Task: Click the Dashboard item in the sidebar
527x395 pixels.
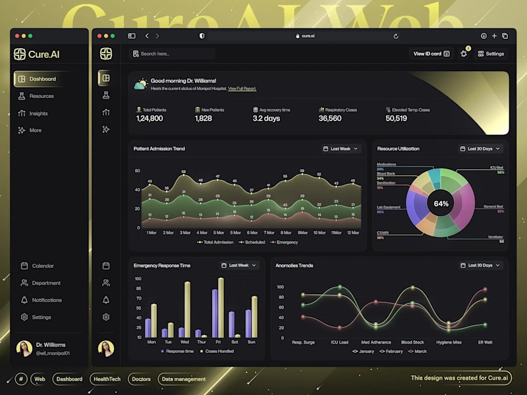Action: click(42, 79)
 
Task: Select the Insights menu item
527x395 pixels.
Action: click(38, 113)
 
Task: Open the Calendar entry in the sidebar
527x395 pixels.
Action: click(43, 266)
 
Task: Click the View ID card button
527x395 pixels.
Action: click(431, 54)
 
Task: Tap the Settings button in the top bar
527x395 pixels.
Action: click(491, 54)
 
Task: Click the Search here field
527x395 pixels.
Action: click(173, 54)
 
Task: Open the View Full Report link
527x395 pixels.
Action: click(242, 88)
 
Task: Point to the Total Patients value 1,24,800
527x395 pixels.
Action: click(150, 118)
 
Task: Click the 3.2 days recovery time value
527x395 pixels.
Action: click(266, 118)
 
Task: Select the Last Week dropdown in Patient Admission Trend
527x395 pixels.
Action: click(341, 149)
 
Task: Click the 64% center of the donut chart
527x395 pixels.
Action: click(441, 203)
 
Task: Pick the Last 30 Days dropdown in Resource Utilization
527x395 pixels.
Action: click(480, 149)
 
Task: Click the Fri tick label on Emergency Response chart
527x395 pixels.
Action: click(218, 342)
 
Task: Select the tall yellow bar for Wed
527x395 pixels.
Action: click(187, 309)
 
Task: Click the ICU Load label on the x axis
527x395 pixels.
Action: click(340, 342)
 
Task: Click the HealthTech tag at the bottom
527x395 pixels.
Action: click(107, 379)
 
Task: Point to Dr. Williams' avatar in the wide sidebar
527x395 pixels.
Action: click(24, 348)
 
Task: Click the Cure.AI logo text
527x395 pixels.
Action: click(44, 54)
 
